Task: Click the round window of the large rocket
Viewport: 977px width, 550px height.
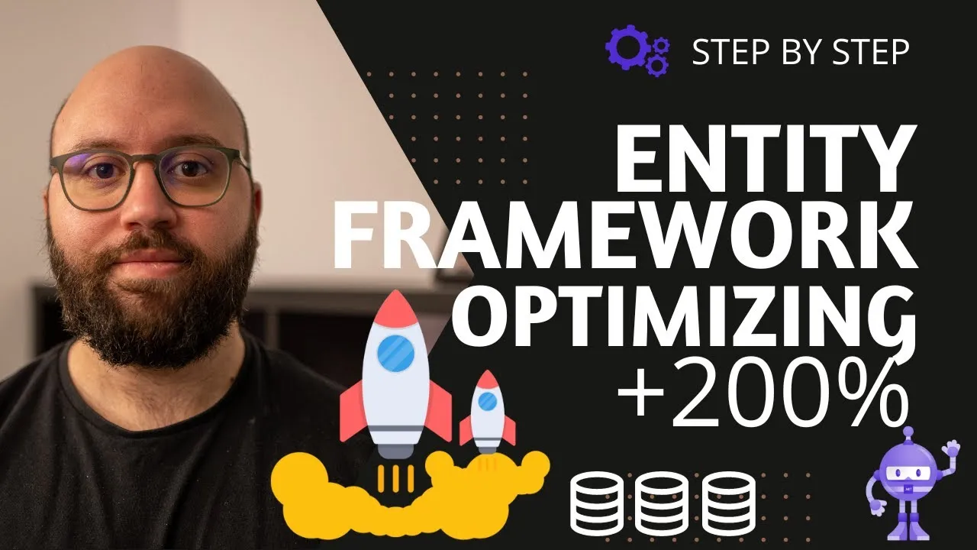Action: tap(395, 353)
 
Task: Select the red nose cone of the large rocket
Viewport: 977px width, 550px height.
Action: tap(396, 308)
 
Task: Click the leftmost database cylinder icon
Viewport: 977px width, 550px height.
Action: tap(597, 503)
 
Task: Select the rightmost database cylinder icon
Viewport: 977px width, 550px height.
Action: tap(728, 503)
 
